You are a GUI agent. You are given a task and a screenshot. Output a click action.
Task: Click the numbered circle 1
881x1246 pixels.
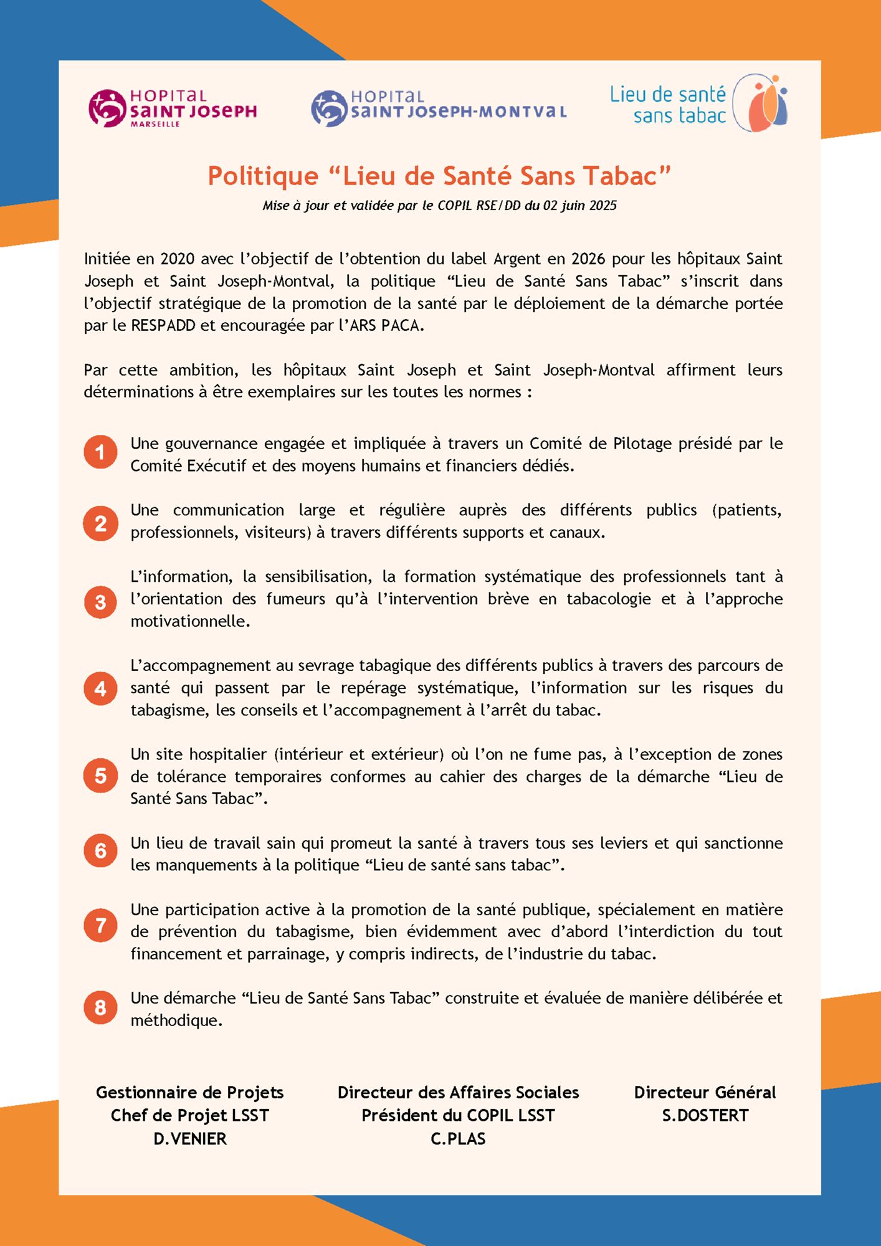click(100, 452)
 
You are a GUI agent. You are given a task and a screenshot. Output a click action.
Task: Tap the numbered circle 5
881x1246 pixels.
click(100, 776)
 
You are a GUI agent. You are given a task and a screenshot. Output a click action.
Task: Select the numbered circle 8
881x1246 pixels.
click(100, 1007)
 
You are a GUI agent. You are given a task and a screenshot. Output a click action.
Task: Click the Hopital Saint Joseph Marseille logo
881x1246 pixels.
click(173, 108)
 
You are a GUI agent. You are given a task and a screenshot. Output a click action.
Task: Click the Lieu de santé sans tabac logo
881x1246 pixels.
click(698, 103)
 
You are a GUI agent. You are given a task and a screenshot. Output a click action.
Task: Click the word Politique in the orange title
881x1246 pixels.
click(263, 176)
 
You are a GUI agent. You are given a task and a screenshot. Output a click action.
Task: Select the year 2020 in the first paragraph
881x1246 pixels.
click(178, 259)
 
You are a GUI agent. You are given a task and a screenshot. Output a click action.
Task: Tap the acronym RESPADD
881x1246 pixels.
click(163, 325)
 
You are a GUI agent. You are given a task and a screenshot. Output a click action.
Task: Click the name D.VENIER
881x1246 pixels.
click(190, 1139)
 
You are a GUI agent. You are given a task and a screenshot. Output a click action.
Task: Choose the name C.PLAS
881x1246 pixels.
click(458, 1139)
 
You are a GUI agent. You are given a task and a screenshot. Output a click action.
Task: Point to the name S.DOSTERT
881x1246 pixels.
click(705, 1115)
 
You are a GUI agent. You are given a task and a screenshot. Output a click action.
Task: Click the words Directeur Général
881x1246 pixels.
click(705, 1092)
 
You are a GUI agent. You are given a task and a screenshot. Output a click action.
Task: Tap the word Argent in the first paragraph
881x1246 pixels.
click(518, 259)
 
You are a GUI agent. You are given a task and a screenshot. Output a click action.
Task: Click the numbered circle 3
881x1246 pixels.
click(100, 602)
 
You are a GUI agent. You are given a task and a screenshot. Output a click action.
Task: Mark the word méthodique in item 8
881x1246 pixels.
click(176, 1020)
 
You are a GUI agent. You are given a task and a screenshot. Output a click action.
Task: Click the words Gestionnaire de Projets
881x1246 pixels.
click(190, 1092)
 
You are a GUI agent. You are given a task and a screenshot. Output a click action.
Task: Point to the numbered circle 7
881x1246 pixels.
click(100, 925)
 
